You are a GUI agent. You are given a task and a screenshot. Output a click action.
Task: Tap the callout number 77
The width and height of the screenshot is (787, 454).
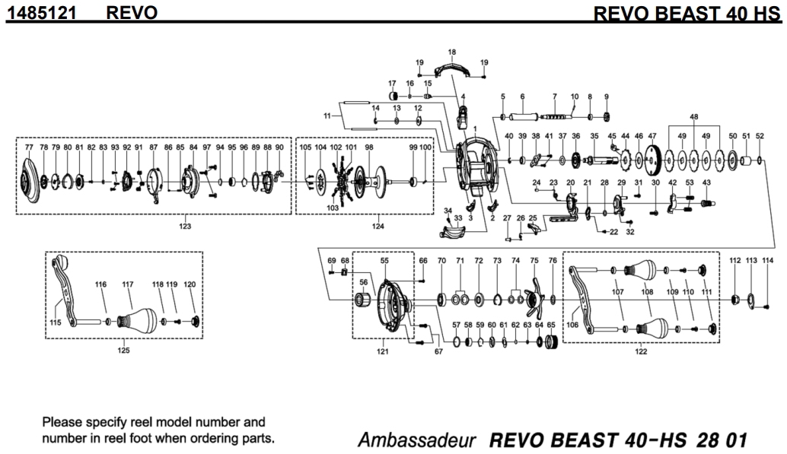(29, 147)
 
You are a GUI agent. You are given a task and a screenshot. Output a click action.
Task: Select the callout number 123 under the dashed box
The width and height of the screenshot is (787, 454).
(184, 226)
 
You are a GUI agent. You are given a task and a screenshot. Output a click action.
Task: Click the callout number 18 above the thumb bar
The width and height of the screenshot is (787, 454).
(451, 52)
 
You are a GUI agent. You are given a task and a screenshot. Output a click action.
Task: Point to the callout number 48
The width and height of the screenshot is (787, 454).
(693, 116)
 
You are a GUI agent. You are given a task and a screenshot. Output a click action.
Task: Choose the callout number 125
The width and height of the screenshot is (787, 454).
(123, 351)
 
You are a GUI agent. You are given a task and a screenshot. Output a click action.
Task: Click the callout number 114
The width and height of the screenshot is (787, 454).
(767, 260)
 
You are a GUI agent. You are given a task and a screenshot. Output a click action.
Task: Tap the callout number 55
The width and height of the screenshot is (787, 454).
(384, 260)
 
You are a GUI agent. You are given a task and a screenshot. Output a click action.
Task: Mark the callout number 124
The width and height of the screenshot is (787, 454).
(378, 226)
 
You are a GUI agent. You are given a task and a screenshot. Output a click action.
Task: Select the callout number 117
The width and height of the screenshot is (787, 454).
(127, 284)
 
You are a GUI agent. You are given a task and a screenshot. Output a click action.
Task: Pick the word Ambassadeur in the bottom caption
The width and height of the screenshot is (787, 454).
(417, 441)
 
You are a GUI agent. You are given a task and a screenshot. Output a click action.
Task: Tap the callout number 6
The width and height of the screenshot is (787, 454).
(522, 97)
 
